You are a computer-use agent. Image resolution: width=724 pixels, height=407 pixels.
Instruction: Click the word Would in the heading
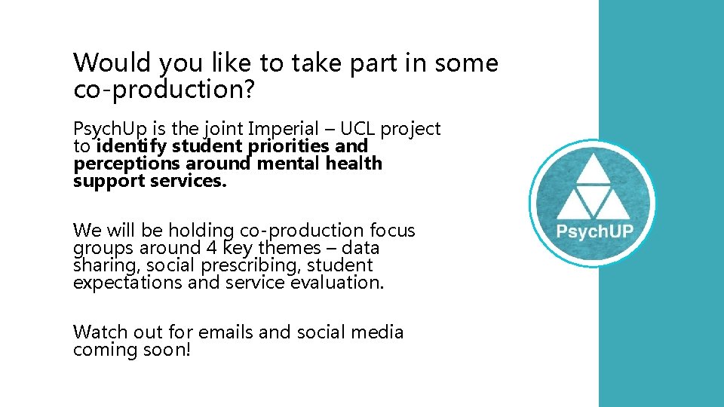[103, 63]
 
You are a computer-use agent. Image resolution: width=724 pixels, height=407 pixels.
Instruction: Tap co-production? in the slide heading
[165, 90]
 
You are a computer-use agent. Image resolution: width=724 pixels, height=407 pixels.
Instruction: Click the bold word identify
[133, 146]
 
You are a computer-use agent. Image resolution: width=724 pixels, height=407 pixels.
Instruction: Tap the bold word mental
[290, 164]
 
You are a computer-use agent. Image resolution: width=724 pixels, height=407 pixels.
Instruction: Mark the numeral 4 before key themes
[212, 248]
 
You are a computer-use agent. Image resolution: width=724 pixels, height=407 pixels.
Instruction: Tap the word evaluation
[339, 283]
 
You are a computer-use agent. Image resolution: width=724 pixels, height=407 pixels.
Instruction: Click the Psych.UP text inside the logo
[594, 231]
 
